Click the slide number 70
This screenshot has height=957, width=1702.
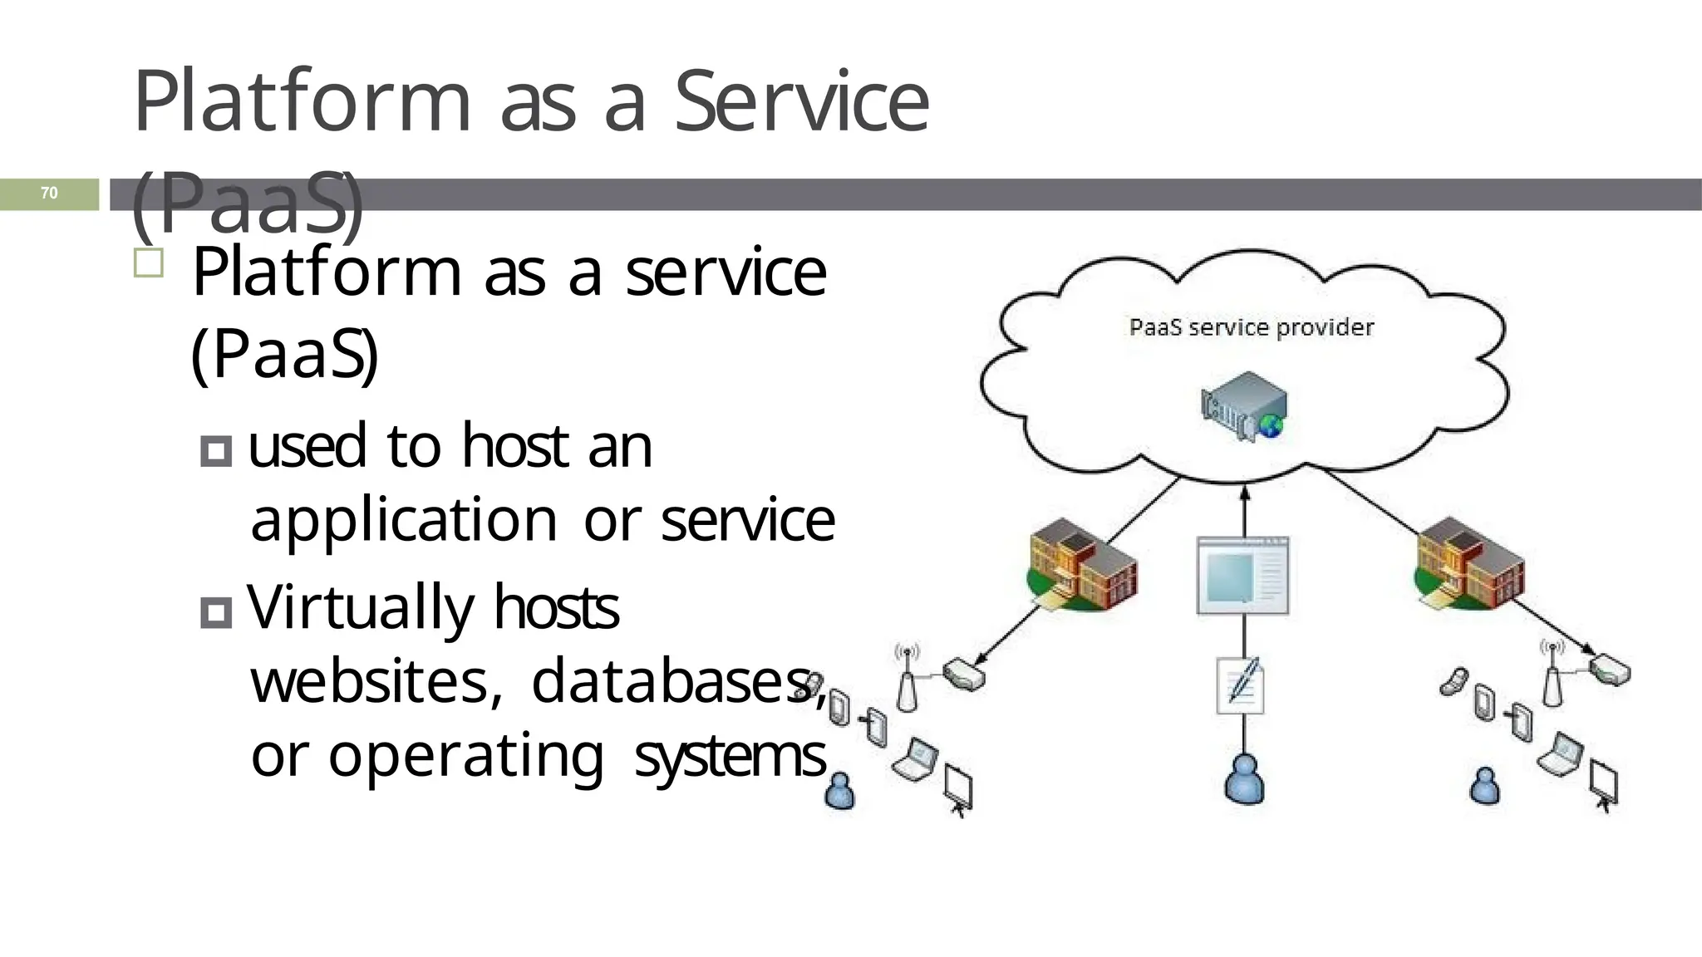[x=49, y=194]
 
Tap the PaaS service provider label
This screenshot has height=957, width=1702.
[x=1251, y=327]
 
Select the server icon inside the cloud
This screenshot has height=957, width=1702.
[x=1244, y=406]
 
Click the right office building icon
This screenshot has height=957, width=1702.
[x=1469, y=564]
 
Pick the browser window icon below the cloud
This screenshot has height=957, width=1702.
[x=1242, y=576]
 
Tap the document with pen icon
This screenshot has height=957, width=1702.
[x=1241, y=686]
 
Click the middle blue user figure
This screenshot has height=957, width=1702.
[x=1244, y=780]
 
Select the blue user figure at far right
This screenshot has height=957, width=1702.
[x=1484, y=786]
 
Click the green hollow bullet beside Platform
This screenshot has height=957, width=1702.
[x=149, y=263]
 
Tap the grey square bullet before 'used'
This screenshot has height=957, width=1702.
[x=216, y=451]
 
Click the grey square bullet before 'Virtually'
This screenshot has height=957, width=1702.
[x=216, y=613]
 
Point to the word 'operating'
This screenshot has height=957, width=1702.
[x=465, y=757]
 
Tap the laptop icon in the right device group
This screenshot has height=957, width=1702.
[x=1559, y=754]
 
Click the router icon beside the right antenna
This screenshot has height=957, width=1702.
[x=1610, y=670]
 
